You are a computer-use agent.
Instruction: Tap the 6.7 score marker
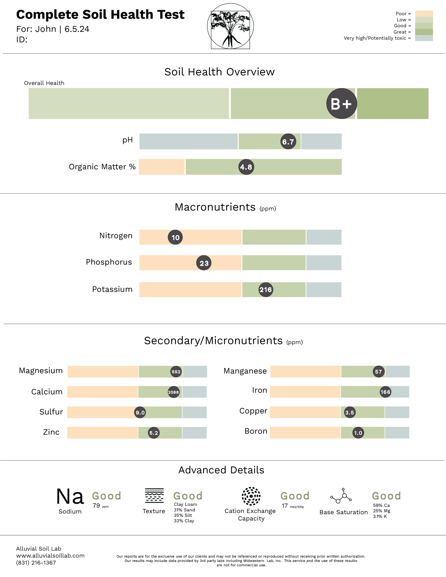tap(288, 142)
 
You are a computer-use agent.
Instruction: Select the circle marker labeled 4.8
tap(246, 167)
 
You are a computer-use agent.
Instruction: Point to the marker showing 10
tap(175, 237)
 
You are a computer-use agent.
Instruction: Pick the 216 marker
tap(265, 290)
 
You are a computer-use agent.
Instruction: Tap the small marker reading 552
tap(176, 371)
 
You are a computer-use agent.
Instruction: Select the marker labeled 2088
tap(173, 392)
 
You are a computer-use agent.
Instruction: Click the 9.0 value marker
tap(140, 412)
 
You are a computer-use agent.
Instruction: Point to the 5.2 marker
tap(154, 433)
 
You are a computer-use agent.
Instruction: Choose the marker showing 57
tap(378, 371)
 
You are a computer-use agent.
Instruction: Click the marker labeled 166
tap(385, 392)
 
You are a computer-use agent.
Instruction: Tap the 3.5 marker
tap(350, 412)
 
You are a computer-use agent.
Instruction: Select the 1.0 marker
tap(358, 433)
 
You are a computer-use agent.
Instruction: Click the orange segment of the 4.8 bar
tap(161, 167)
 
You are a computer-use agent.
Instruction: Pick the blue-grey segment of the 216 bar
tap(324, 290)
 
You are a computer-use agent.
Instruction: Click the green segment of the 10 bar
tap(274, 237)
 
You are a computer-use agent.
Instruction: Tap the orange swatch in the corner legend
tap(424, 13)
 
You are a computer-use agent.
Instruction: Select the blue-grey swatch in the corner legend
tap(424, 38)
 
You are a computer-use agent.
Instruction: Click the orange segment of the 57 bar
tap(305, 371)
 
